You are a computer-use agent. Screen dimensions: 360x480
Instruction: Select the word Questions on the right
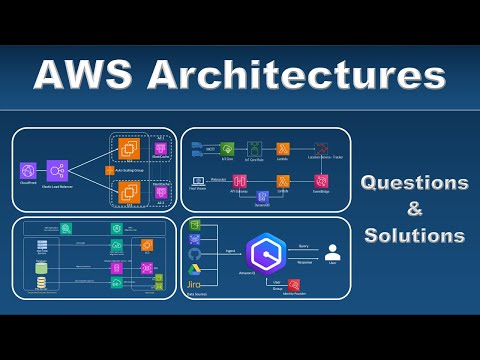click(x=414, y=183)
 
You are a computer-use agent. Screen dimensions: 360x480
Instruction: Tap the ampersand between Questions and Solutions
click(x=414, y=209)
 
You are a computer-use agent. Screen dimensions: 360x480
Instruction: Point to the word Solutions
click(x=414, y=236)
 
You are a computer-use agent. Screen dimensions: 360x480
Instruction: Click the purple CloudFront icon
click(x=28, y=172)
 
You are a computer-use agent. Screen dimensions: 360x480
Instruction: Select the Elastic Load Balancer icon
click(x=56, y=172)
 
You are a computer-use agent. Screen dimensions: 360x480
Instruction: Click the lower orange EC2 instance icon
click(x=128, y=191)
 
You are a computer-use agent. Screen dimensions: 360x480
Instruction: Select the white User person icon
click(x=332, y=253)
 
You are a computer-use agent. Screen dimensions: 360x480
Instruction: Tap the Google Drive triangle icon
click(x=194, y=269)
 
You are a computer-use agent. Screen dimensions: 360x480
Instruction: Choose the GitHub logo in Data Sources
click(x=194, y=254)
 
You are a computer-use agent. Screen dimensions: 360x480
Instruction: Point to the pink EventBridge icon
click(x=321, y=181)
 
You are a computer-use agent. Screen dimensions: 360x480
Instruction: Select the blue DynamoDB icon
click(x=263, y=197)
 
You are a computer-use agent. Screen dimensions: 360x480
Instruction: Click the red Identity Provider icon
click(x=294, y=285)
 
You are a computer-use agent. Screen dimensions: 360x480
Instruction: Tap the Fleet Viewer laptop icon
click(x=198, y=181)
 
